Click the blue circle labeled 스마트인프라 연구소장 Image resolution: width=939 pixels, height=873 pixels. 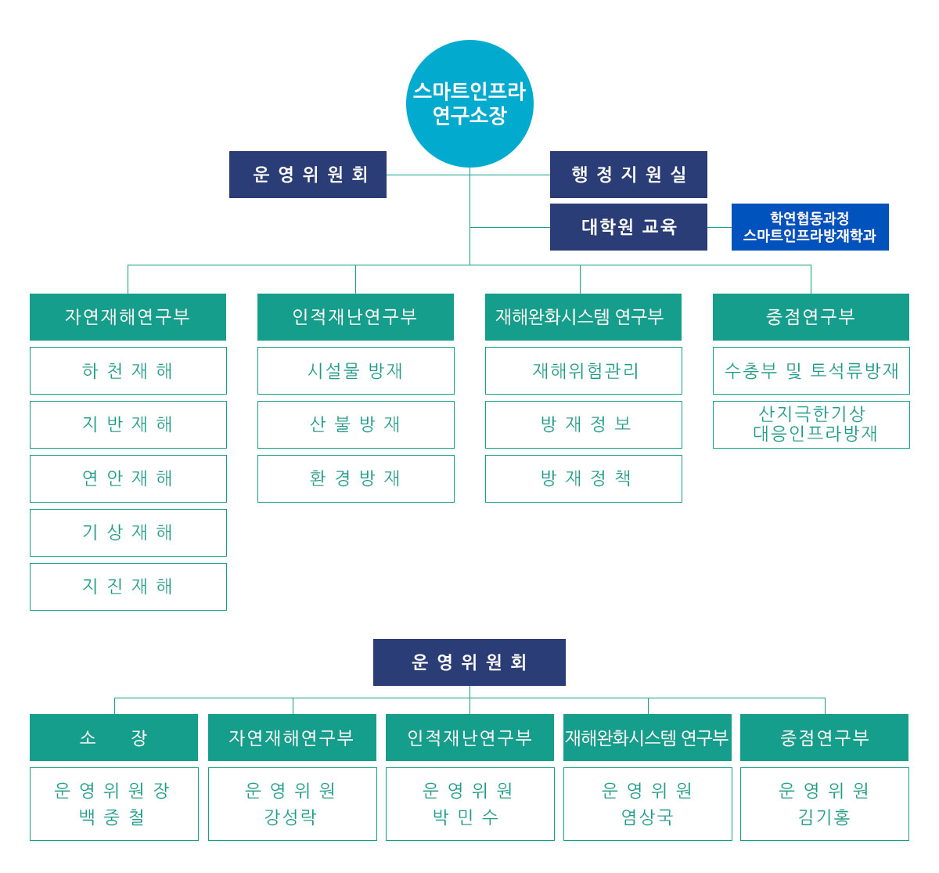469,103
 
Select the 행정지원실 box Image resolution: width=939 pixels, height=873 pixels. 628,175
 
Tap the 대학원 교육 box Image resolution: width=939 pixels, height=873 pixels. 628,227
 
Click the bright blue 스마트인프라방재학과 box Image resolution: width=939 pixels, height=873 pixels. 810,227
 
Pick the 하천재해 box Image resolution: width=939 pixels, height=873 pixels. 128,370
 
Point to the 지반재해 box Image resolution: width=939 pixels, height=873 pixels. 128,424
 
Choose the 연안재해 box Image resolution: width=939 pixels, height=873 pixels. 128,478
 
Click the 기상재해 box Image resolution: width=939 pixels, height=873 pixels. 128,532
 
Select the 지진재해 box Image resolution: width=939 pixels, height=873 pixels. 128,586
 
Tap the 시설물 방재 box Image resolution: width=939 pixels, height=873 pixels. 355,370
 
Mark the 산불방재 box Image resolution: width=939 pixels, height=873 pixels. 355,424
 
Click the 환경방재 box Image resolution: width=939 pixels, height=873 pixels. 355,478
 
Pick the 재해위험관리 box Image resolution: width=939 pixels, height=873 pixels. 583,370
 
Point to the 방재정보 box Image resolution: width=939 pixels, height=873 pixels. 583,424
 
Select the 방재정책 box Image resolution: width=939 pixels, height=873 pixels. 583,478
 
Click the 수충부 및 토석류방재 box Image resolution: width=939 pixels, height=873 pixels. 811,370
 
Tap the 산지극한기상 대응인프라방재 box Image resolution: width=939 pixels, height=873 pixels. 811,424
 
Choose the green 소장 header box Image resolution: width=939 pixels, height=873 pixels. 113,738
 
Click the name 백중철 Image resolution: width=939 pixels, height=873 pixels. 113,817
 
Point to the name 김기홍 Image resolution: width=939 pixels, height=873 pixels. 824,817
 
